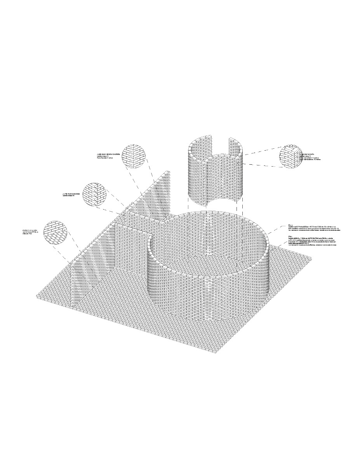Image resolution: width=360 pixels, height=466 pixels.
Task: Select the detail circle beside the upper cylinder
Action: [291, 156]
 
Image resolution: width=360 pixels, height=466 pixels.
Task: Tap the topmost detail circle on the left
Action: [133, 156]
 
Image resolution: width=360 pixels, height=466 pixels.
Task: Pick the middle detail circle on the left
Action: [95, 194]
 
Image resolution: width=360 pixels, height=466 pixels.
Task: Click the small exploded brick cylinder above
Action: [215, 171]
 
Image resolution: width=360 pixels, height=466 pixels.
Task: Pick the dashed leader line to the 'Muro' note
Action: [276, 229]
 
